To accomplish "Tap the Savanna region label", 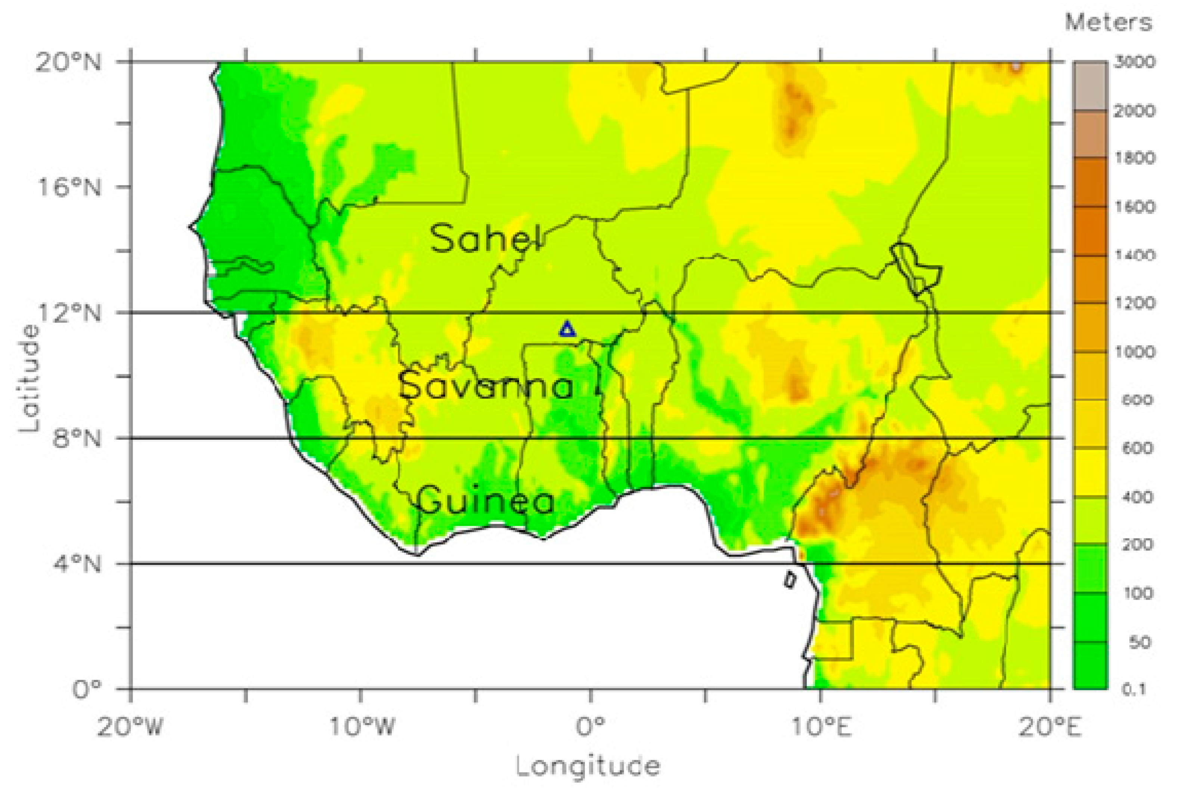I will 485,386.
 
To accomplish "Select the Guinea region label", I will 485,500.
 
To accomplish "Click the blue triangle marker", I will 567,330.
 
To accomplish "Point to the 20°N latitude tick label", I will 68,63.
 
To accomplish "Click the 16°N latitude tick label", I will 69,187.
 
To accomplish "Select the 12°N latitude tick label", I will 69,313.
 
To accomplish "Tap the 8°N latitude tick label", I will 76,438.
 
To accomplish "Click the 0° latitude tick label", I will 86,689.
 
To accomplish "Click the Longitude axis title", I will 588,767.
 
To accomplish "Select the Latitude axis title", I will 29,377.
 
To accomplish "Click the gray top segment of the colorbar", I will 1090,86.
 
